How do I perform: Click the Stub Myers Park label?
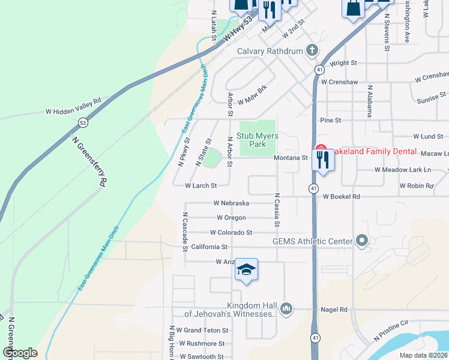(x=258, y=140)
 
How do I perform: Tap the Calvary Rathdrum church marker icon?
(x=312, y=50)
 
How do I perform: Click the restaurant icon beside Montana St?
(x=323, y=160)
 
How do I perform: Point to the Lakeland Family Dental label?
(x=372, y=152)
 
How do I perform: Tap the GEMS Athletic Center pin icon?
(x=361, y=241)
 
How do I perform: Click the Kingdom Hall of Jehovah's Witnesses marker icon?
(x=286, y=308)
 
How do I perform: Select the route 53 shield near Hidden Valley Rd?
(x=83, y=122)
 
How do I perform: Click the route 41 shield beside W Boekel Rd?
(x=313, y=188)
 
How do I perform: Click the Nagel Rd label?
(x=335, y=310)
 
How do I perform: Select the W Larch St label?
(x=201, y=186)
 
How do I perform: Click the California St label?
(x=209, y=247)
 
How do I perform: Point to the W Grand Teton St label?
(x=206, y=331)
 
